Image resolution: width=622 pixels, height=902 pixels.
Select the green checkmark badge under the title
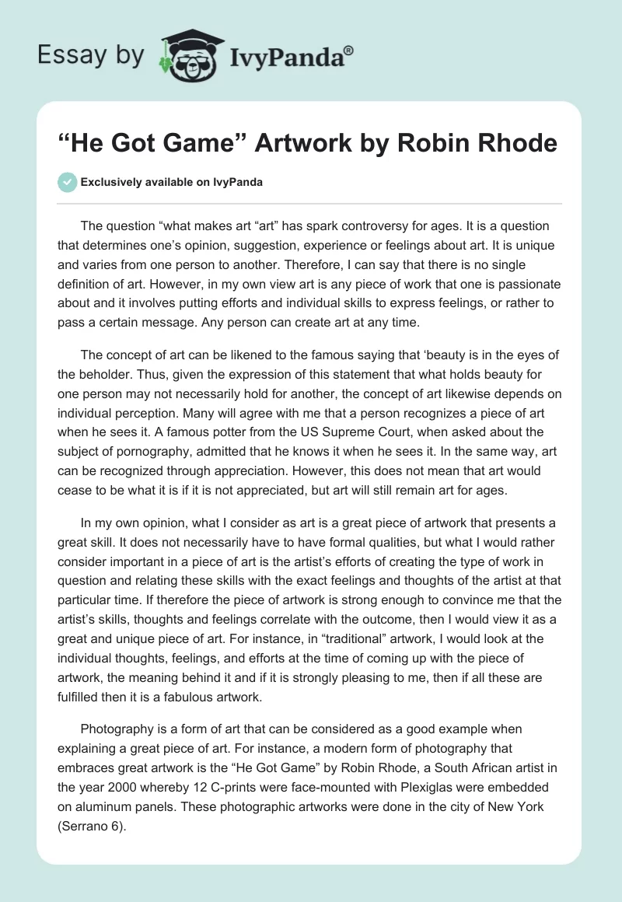pyautogui.click(x=67, y=182)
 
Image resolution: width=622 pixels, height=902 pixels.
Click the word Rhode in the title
pyautogui.click(x=518, y=144)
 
